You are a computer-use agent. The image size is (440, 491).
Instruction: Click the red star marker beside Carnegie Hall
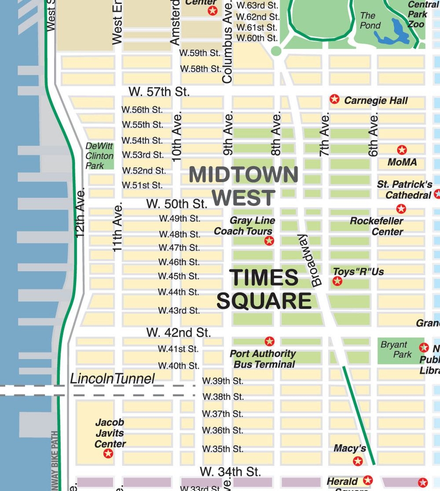(335, 99)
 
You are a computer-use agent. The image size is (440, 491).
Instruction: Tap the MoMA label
(402, 162)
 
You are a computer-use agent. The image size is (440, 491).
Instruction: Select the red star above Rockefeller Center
(401, 209)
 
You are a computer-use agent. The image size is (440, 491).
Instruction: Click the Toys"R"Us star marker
(337, 281)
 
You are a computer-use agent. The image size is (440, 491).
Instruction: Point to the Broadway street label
(310, 260)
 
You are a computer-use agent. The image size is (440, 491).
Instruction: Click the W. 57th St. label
(159, 92)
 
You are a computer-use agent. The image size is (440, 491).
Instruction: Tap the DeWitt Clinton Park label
(99, 156)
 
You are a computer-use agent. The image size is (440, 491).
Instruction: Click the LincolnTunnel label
(113, 378)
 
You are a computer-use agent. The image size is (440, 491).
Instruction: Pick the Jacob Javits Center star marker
(108, 453)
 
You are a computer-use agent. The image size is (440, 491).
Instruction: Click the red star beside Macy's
(358, 461)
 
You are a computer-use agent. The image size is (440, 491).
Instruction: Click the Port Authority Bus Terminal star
(269, 341)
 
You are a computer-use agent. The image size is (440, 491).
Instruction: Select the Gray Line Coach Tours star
(269, 240)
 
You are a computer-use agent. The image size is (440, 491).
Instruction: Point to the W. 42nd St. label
(179, 333)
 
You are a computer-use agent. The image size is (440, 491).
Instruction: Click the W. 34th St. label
(230, 472)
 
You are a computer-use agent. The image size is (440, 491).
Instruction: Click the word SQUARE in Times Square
(264, 302)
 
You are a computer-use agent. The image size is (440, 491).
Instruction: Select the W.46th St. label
(179, 262)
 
